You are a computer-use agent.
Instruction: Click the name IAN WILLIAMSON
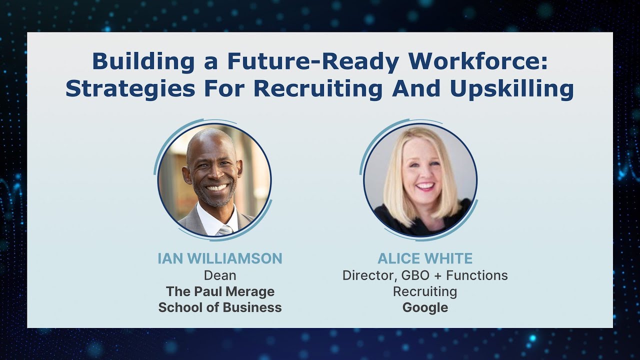(220, 258)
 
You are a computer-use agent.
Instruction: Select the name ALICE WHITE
(425, 258)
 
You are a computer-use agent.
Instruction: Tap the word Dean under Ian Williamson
(220, 275)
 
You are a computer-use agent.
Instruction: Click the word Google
(425, 307)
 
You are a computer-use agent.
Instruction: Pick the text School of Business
(220, 307)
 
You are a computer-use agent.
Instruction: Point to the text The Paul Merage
(220, 291)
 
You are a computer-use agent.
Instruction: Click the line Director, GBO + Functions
(425, 275)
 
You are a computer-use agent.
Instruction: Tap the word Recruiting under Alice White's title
(425, 291)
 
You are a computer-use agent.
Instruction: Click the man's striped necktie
(224, 229)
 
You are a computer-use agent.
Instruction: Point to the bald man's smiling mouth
(216, 188)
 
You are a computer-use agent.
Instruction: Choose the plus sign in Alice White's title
(436, 275)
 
